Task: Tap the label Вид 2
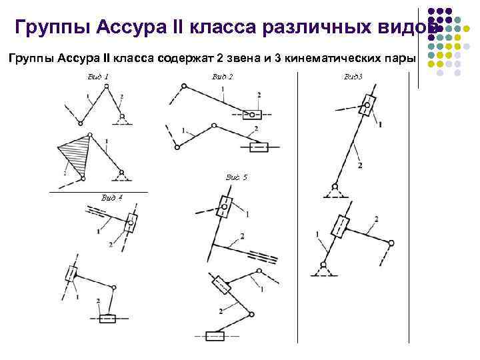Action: [222, 77]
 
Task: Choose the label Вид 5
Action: [236, 177]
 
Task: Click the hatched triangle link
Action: [73, 155]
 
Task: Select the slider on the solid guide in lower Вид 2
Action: [258, 147]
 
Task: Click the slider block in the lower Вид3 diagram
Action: [343, 226]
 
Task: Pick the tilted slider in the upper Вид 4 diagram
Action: [131, 222]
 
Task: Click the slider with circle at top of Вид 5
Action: [225, 207]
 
